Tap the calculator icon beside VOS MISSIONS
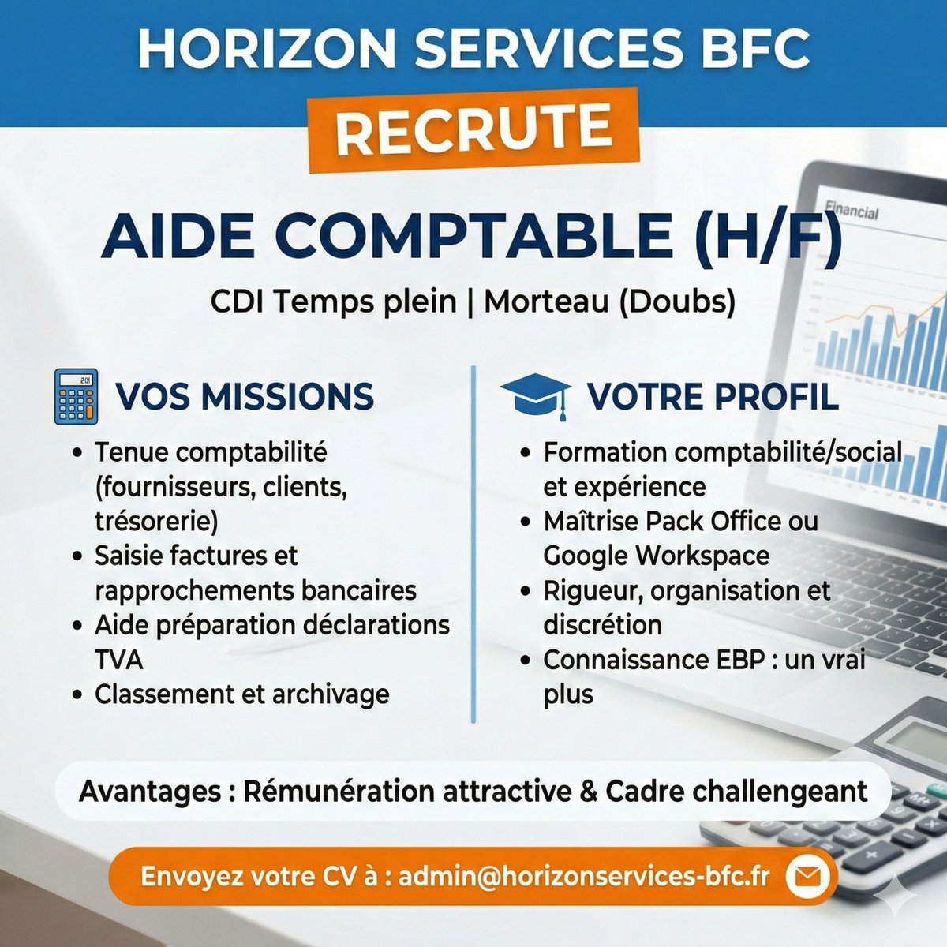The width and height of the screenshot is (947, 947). (76, 396)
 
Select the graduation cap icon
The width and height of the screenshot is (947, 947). (536, 395)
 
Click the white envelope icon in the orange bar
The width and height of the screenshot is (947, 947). (807, 876)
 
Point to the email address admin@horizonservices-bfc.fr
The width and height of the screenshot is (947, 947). (583, 876)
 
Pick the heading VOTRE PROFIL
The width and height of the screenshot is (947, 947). (712, 396)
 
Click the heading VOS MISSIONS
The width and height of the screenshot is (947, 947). (245, 396)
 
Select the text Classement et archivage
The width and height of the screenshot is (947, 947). (241, 694)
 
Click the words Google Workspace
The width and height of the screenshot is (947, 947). (656, 556)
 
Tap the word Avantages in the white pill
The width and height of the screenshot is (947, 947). (150, 791)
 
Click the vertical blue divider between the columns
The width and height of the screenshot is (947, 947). (473, 545)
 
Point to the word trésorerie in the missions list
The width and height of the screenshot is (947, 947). (155, 522)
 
